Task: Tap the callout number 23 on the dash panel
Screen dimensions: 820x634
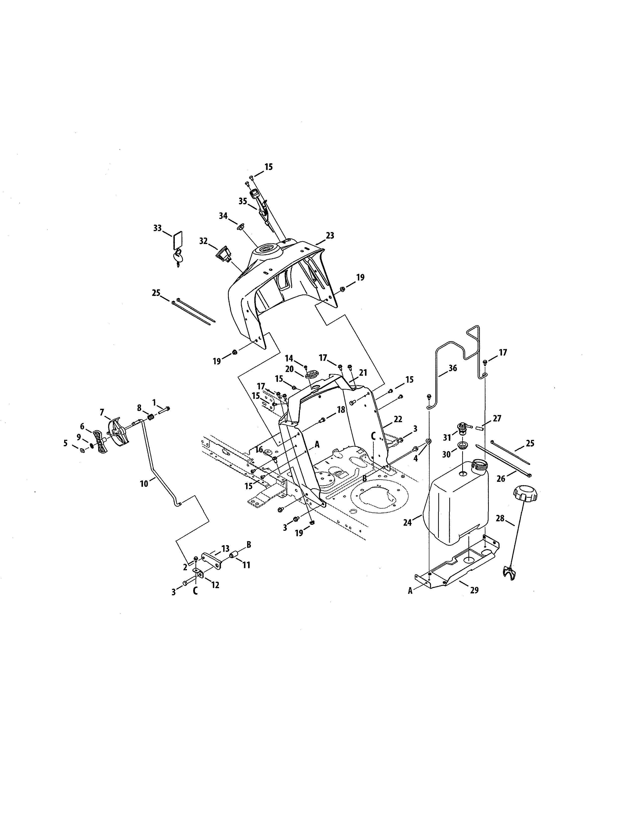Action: point(330,236)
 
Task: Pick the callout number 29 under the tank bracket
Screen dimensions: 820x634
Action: point(474,590)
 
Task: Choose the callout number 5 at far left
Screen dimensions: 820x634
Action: point(65,443)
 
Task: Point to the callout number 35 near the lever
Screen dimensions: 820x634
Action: point(243,201)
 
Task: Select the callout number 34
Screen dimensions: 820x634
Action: point(223,216)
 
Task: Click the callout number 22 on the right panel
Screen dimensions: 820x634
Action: point(398,419)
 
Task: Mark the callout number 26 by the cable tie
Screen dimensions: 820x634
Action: point(501,479)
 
